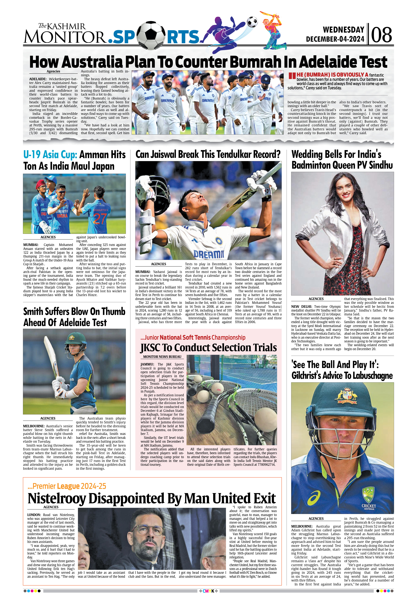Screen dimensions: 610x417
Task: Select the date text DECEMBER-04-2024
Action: coord(335,39)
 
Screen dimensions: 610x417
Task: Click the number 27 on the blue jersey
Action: coord(100,218)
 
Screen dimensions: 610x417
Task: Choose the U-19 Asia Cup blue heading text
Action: coord(50,155)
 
